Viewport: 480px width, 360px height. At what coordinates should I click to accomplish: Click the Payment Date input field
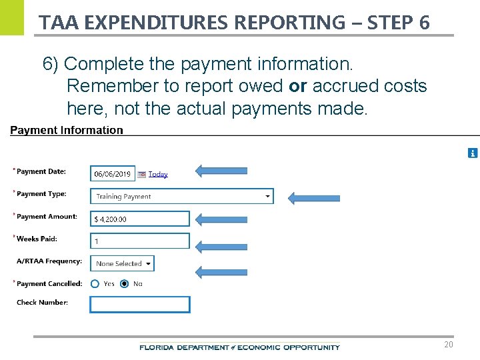tap(112, 174)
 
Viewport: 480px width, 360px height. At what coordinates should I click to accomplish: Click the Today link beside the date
tap(158, 175)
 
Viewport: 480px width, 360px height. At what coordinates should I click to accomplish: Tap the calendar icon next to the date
tap(141, 175)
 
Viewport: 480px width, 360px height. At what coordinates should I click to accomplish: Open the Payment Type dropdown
tap(181, 196)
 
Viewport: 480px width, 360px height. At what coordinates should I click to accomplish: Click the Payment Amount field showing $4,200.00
tap(139, 219)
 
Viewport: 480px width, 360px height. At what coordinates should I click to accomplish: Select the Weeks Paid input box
tap(139, 241)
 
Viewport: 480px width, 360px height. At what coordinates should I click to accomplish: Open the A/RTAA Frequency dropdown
tap(121, 263)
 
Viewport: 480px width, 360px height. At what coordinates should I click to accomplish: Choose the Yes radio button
tap(95, 284)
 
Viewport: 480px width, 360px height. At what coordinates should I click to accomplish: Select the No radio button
tap(125, 284)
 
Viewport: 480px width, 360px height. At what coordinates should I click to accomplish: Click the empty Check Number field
tap(139, 305)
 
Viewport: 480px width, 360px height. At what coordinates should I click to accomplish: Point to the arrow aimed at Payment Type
tap(313, 197)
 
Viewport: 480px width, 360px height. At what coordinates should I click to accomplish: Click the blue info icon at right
tap(473, 153)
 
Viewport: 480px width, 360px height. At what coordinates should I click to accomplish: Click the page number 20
tap(449, 345)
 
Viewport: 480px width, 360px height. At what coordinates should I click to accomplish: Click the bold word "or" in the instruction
tap(297, 86)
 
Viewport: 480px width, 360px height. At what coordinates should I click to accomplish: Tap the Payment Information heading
tap(67, 131)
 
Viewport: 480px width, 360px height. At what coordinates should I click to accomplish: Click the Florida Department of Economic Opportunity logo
tap(239, 347)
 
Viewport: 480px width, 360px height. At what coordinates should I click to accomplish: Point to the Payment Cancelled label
tap(49, 284)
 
